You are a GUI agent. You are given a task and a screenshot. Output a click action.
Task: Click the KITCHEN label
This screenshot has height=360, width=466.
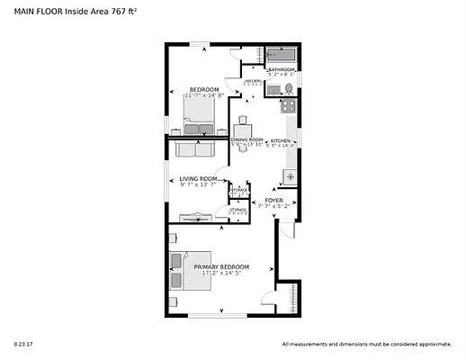(281, 140)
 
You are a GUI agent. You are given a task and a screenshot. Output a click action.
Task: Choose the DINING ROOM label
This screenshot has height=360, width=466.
(246, 140)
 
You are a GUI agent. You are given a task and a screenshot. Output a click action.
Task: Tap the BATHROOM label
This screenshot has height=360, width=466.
(282, 68)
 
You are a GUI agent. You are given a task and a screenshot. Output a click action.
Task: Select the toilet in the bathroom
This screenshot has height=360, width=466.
(288, 88)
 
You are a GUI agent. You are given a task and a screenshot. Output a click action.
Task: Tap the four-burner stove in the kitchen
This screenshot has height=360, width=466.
(290, 106)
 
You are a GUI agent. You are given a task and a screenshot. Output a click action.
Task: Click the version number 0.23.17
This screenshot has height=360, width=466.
(22, 344)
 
